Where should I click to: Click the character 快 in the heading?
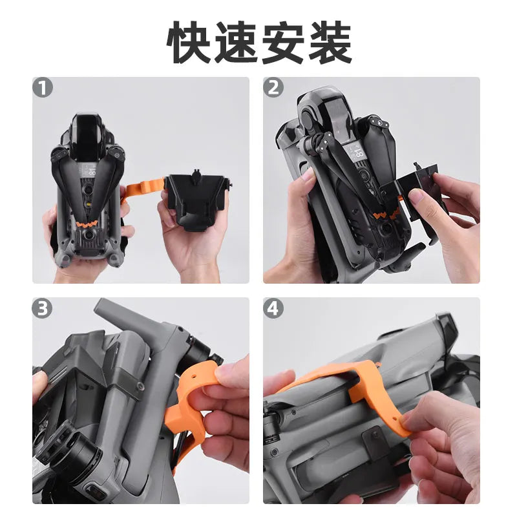click(x=189, y=42)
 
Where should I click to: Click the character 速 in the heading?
click(x=237, y=42)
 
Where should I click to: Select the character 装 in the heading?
click(x=330, y=42)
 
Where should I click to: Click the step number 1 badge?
click(x=43, y=88)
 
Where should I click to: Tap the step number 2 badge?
click(x=273, y=88)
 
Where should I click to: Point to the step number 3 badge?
click(x=42, y=309)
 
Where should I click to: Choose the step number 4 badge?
click(x=273, y=309)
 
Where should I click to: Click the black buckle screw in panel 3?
click(x=141, y=386)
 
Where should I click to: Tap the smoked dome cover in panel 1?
click(x=86, y=135)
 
